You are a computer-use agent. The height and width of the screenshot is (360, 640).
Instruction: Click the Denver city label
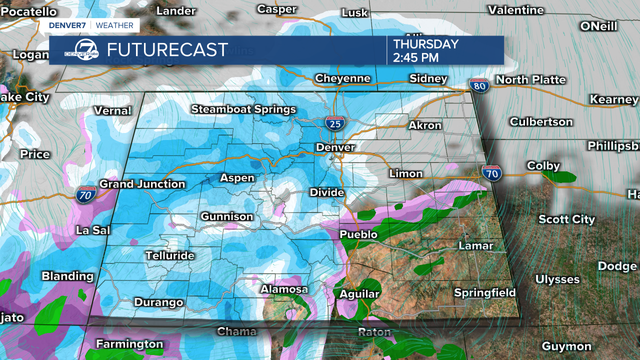click(335, 147)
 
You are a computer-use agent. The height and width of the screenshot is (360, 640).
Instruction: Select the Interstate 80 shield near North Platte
click(479, 85)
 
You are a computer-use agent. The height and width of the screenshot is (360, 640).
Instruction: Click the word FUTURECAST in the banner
click(167, 50)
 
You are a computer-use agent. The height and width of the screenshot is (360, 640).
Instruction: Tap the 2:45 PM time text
click(416, 57)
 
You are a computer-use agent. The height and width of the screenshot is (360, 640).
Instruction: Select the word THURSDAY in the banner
click(426, 44)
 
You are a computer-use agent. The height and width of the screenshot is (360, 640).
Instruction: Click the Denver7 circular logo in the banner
click(82, 50)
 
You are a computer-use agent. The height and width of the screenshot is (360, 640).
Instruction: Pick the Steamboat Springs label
click(243, 109)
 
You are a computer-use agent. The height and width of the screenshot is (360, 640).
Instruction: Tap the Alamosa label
click(284, 289)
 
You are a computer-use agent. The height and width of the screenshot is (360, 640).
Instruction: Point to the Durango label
click(158, 302)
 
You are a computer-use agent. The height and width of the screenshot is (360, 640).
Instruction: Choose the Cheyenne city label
click(342, 78)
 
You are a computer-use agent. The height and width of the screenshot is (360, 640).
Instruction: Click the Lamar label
click(476, 245)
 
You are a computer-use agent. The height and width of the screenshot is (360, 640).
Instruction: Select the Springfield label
click(484, 292)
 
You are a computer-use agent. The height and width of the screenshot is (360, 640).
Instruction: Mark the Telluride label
click(170, 255)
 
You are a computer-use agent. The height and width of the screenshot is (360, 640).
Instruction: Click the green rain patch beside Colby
click(559, 176)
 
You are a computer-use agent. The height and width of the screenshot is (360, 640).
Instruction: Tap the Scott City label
click(566, 219)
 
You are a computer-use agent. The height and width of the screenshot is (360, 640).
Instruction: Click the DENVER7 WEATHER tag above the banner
click(91, 25)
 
